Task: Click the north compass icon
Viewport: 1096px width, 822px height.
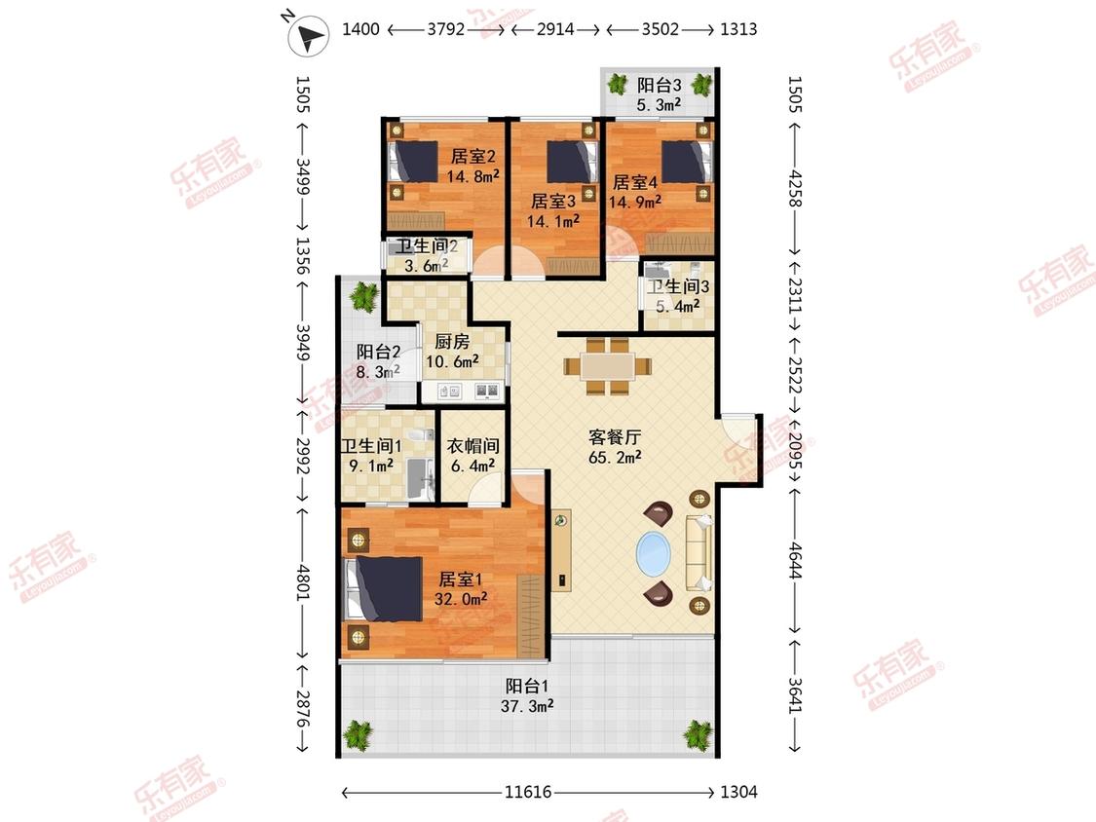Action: click(308, 36)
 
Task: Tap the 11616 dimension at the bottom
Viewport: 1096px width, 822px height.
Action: click(528, 792)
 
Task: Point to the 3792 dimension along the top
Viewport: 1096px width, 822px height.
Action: click(446, 29)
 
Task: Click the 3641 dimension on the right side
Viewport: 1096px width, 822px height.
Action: click(795, 695)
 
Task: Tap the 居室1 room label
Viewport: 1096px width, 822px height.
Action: click(460, 579)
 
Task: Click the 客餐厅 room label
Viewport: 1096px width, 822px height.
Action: click(615, 437)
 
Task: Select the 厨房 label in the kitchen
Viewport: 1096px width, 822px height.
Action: click(451, 341)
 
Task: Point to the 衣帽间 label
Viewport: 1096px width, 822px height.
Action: click(473, 446)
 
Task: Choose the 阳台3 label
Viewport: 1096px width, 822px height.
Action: click(660, 86)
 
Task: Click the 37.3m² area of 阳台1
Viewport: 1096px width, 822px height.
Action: click(527, 706)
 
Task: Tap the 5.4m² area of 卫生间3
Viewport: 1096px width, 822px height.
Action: click(677, 306)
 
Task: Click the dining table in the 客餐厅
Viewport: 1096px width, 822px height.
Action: click(607, 366)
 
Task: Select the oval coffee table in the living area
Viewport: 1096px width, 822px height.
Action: click(654, 553)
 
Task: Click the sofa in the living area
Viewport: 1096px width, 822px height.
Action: click(699, 552)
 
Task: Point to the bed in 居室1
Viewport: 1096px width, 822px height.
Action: click(384, 588)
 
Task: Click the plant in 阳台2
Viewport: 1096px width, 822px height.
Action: click(363, 296)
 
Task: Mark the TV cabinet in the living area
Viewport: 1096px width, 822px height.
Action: click(561, 550)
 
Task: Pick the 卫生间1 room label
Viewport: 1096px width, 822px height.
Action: click(371, 446)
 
